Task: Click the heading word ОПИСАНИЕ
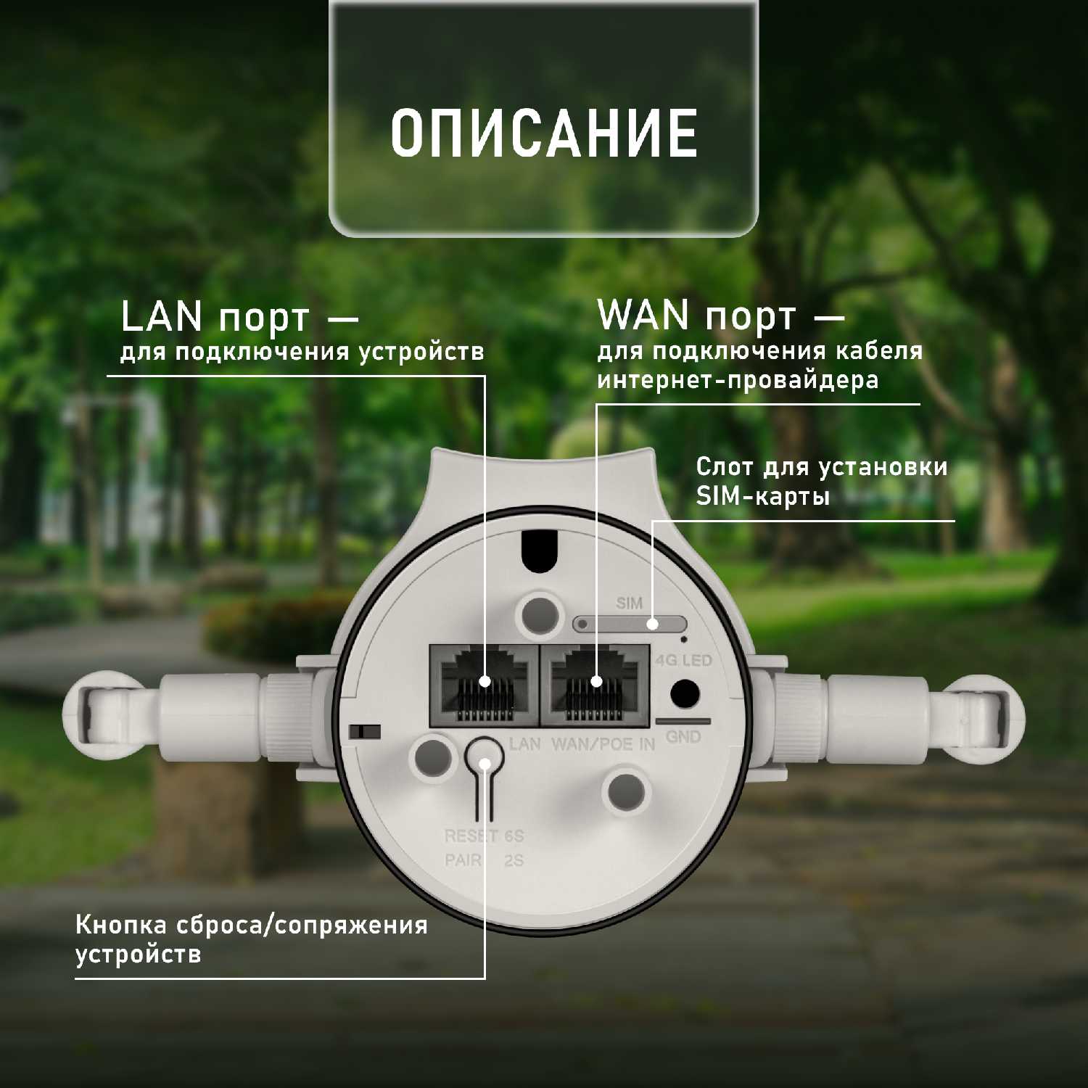click(544, 133)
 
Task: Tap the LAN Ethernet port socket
click(484, 685)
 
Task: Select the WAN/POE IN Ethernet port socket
click(595, 685)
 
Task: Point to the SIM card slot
click(630, 623)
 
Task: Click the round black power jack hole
click(684, 693)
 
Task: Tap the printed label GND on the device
click(683, 737)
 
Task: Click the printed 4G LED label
click(683, 661)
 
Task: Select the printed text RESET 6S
click(484, 836)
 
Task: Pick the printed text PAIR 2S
click(484, 860)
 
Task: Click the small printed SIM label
click(630, 603)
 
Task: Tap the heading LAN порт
click(215, 318)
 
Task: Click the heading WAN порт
click(696, 316)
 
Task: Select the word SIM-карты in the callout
click(763, 496)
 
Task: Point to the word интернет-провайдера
click(738, 380)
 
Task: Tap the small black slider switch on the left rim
click(365, 731)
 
